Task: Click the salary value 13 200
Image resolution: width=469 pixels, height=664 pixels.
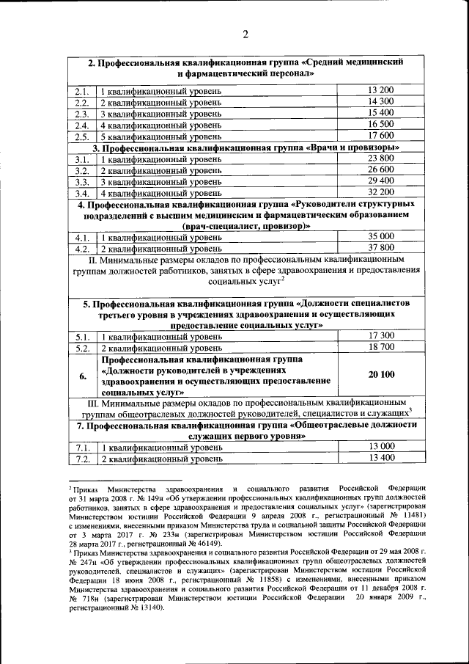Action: tap(381, 90)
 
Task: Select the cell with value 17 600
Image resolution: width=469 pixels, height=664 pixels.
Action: tap(381, 136)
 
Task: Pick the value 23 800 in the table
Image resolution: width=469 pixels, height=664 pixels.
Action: tap(381, 158)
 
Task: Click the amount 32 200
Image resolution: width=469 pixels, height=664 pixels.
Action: tap(381, 193)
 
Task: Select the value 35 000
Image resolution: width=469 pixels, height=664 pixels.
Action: tap(381, 236)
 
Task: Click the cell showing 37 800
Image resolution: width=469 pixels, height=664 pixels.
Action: tap(381, 248)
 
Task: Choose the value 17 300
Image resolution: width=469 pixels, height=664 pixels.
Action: tap(381, 335)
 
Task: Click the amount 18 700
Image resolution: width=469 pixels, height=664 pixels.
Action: tap(381, 347)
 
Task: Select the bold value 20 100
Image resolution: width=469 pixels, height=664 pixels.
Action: tap(381, 375)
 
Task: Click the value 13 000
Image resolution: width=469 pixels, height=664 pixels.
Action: tap(381, 446)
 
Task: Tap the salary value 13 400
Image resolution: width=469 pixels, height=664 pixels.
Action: tap(381, 458)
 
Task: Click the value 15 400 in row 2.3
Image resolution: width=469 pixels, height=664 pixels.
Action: tap(381, 113)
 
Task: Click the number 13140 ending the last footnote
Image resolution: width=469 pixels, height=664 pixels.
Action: tap(147, 618)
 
